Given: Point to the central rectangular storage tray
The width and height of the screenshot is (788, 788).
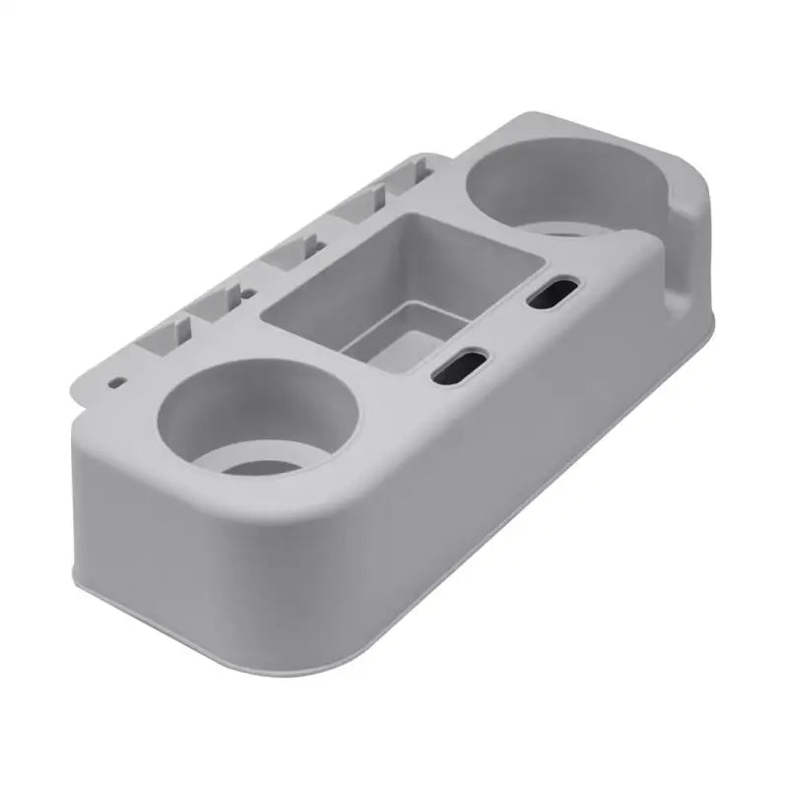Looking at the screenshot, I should click(x=404, y=286).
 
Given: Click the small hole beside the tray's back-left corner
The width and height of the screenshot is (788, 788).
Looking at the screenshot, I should click(x=248, y=294).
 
